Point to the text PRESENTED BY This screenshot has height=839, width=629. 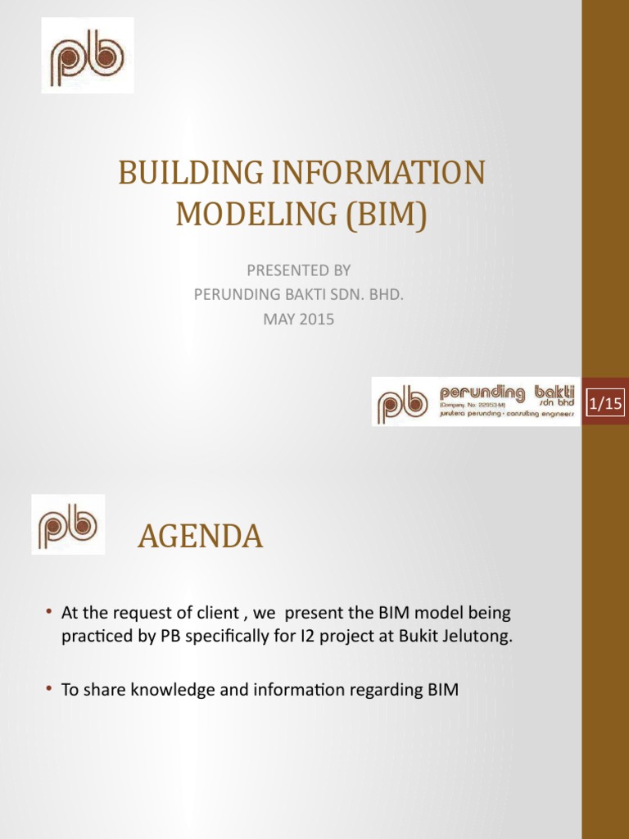(298, 269)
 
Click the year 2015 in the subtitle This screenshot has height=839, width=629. (316, 320)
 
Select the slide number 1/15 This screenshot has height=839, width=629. (604, 403)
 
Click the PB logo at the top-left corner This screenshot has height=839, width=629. (88, 55)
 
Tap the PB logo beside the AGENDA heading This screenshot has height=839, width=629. (68, 524)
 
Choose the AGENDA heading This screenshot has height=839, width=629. (200, 537)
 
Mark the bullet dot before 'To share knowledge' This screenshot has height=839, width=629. (49, 690)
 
